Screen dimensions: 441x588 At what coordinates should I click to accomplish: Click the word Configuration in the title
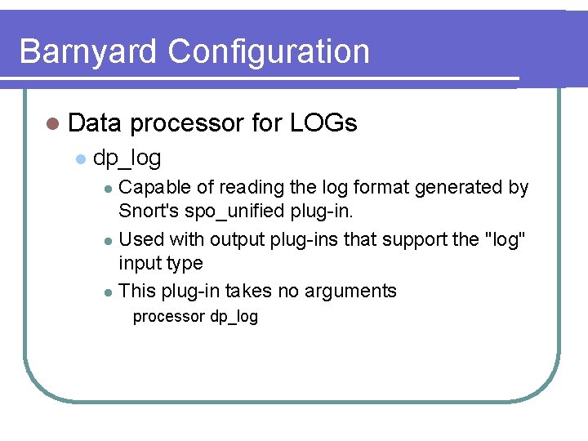(x=269, y=51)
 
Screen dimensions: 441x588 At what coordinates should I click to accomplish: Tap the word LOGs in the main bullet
(x=323, y=123)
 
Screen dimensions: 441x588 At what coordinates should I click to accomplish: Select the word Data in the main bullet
(x=95, y=123)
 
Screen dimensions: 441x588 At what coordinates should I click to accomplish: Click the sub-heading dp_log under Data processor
(x=127, y=157)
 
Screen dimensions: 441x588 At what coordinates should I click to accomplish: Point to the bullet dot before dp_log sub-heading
(x=80, y=158)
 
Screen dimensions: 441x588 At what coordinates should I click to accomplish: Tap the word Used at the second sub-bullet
(x=141, y=240)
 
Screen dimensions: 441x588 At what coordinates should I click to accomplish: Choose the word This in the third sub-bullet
(x=136, y=291)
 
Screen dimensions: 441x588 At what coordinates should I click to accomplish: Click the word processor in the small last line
(x=168, y=317)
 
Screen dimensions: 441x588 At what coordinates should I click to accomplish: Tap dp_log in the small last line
(x=234, y=317)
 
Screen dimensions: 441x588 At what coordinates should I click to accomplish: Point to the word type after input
(x=185, y=264)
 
